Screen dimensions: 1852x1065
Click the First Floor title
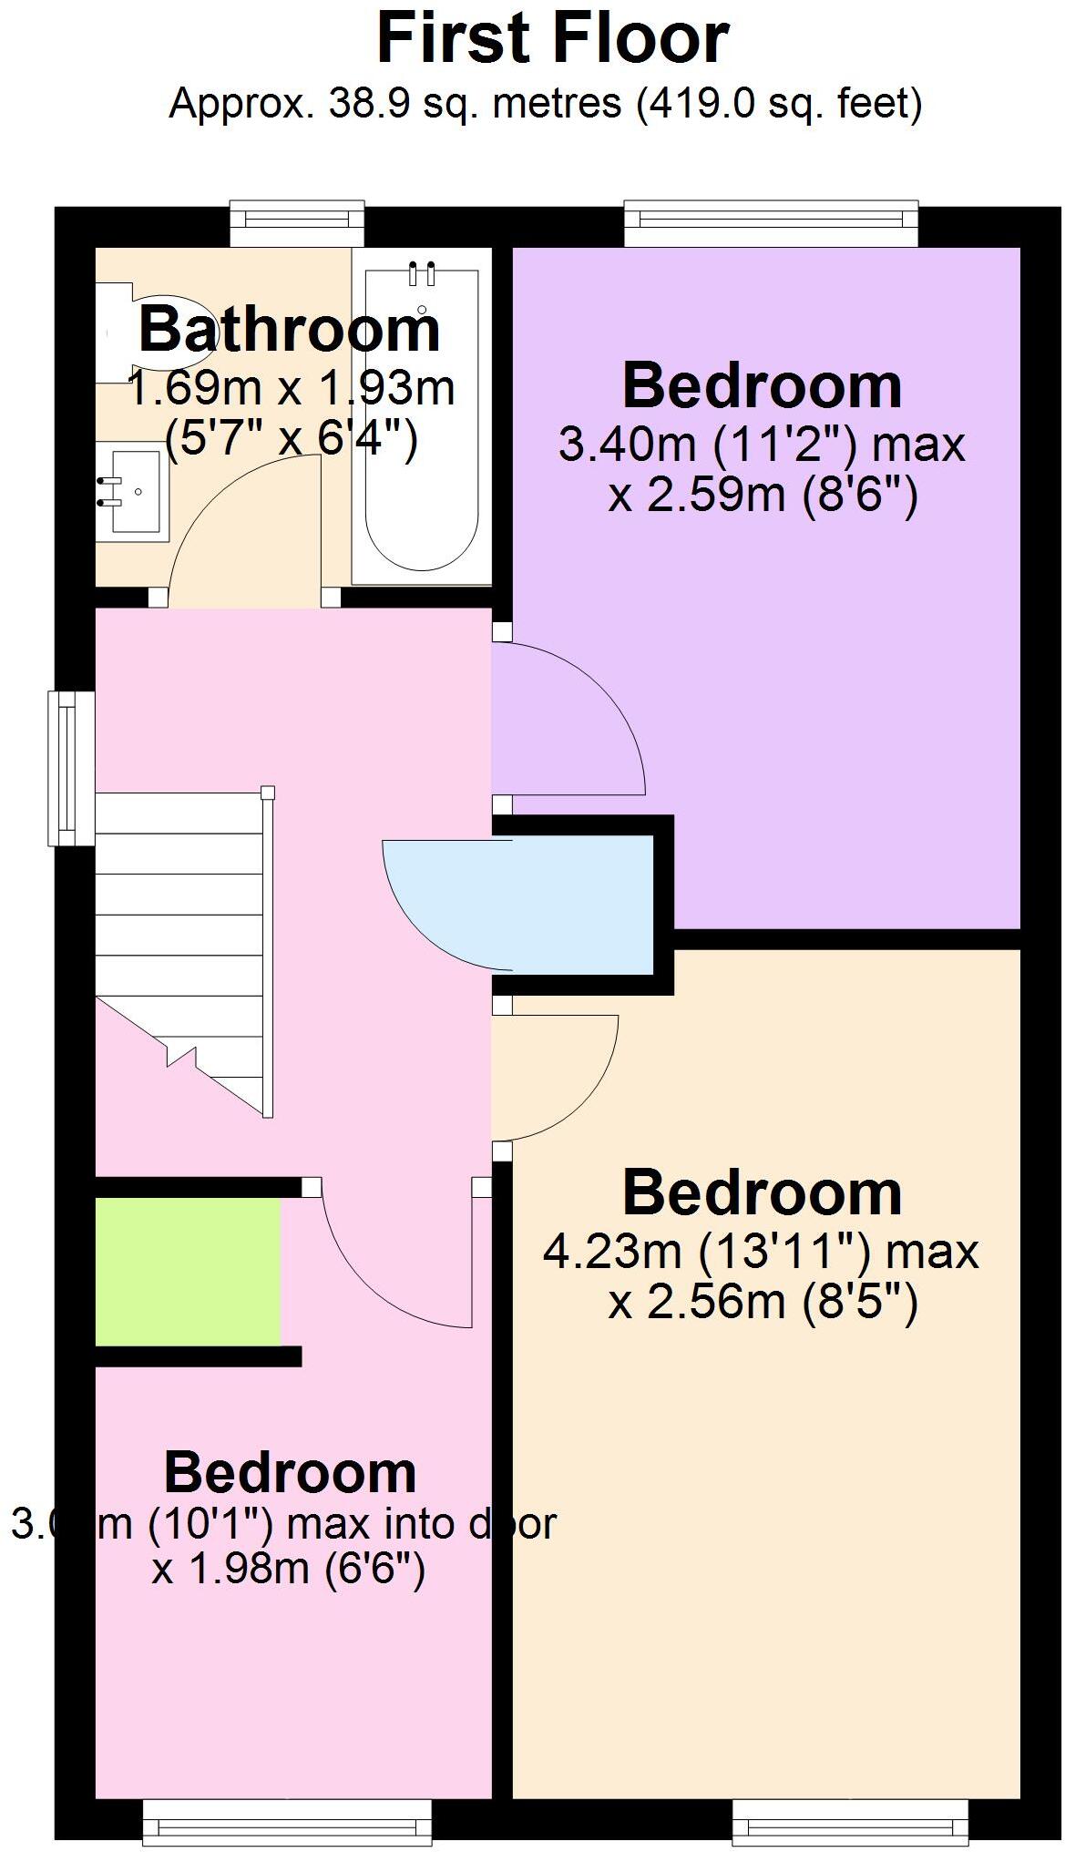click(x=552, y=40)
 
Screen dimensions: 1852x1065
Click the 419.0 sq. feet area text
click(x=780, y=104)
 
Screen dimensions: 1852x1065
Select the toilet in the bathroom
click(x=123, y=333)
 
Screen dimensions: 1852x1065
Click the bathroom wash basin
click(x=133, y=492)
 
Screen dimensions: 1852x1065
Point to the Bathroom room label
click(x=290, y=330)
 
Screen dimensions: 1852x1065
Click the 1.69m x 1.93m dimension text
click(x=291, y=389)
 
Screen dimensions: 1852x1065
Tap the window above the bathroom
click(x=297, y=222)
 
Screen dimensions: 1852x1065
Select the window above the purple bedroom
click(x=771, y=222)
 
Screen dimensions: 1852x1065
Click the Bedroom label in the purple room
click(x=762, y=386)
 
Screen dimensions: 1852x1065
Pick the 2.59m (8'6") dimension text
click(x=763, y=496)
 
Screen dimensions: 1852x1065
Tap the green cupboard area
click(x=188, y=1271)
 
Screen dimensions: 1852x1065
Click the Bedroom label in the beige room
click(x=762, y=1193)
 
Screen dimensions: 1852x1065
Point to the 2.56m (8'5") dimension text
click(x=763, y=1303)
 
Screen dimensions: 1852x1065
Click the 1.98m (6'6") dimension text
click(x=289, y=1570)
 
